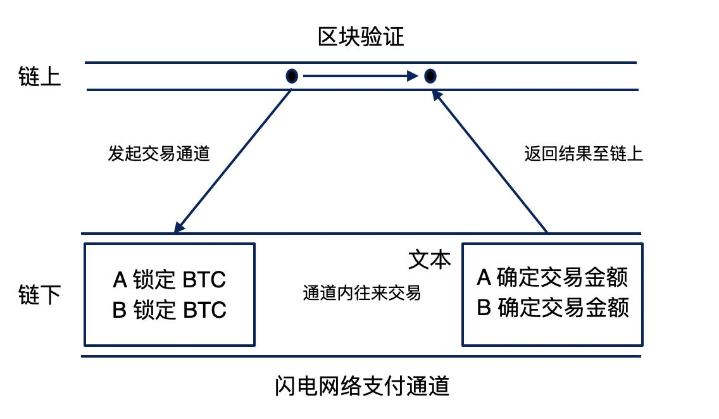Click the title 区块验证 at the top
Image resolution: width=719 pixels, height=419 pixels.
tap(360, 37)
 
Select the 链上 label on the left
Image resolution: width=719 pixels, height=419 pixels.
tap(40, 77)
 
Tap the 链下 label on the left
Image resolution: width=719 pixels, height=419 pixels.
tap(40, 295)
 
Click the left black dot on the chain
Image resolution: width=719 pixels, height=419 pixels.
tap(292, 77)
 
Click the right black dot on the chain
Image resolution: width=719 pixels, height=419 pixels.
tap(430, 77)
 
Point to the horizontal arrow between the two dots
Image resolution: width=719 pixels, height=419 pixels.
tap(361, 77)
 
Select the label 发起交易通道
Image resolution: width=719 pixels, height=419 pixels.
tap(158, 154)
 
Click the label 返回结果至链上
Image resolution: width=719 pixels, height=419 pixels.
tap(584, 154)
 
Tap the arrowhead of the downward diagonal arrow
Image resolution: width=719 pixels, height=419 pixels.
tap(179, 227)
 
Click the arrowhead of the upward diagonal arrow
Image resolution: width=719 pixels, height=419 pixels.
tap(436, 95)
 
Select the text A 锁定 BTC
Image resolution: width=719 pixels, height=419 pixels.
tap(169, 279)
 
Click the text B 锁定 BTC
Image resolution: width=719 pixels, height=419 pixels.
tap(169, 310)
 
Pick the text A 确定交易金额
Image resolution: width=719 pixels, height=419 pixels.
tap(553, 277)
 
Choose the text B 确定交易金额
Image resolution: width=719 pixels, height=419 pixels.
tap(553, 308)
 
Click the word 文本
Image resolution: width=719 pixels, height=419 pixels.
tap(429, 260)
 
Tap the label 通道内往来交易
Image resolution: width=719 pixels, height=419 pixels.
tap(361, 293)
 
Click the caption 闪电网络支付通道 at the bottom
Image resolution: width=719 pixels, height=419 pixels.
tap(362, 385)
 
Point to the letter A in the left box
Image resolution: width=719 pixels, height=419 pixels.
tap(120, 279)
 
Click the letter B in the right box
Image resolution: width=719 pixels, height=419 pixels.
tap(484, 308)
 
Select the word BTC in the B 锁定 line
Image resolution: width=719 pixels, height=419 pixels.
tap(204, 310)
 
